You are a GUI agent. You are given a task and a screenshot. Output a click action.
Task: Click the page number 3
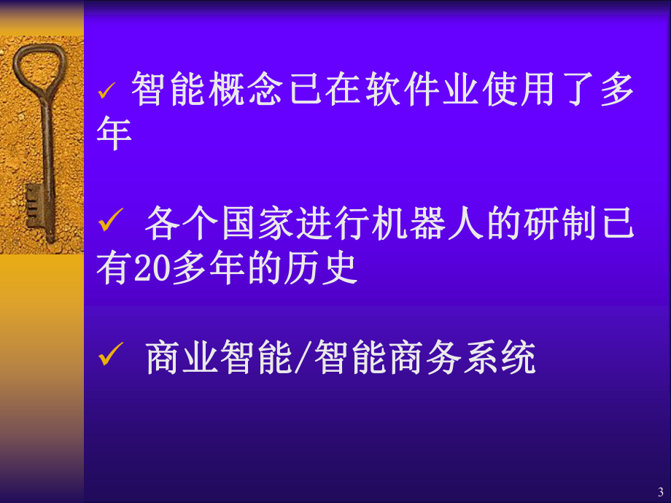(x=660, y=491)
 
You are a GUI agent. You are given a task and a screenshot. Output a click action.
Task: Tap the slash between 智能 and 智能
(x=303, y=357)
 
